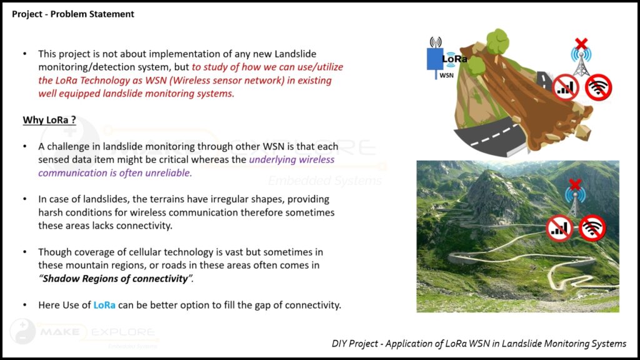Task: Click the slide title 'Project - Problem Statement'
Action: pos(72,14)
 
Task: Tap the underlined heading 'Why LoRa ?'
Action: pos(49,120)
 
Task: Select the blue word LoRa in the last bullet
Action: pos(104,305)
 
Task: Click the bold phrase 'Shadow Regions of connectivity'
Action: pos(116,278)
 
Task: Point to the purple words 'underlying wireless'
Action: pos(291,159)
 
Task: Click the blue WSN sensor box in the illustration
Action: pos(435,59)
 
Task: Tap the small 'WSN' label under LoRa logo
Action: pos(446,76)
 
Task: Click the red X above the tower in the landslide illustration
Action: pos(581,43)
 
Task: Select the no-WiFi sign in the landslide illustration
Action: pos(598,87)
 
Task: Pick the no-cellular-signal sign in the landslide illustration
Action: pos(565,87)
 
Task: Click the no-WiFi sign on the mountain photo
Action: pos(592,227)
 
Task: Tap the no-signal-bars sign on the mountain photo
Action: pos(559,228)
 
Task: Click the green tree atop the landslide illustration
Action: pos(497,42)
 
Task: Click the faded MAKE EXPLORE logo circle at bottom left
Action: pos(23,331)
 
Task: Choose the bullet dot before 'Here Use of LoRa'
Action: pos(25,305)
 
